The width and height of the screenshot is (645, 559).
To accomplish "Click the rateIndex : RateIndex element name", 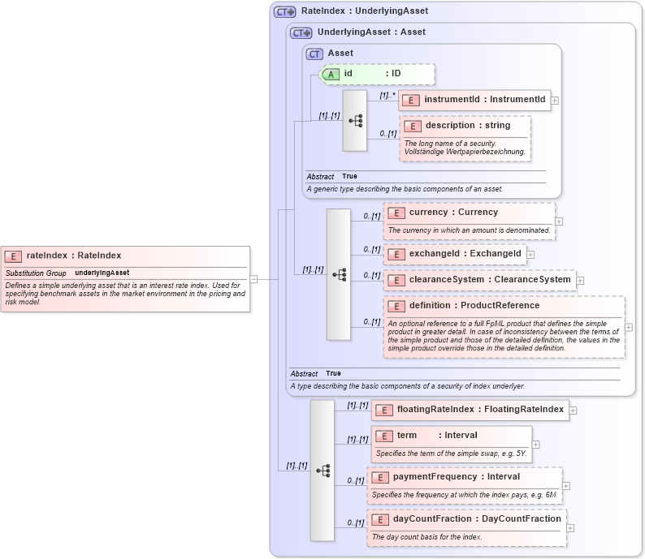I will [x=73, y=256].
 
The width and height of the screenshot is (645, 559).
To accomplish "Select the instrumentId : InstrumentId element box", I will [x=474, y=100].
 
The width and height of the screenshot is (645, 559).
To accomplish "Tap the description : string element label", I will [x=468, y=126].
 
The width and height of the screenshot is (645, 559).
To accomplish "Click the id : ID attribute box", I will [x=379, y=74].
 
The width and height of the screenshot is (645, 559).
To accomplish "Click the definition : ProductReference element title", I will [x=474, y=306].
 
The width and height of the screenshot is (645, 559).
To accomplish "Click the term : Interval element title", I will [x=436, y=436].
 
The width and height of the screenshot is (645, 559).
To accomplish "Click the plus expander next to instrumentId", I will [x=555, y=101].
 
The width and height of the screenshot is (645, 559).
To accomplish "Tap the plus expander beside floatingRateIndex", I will [x=573, y=411].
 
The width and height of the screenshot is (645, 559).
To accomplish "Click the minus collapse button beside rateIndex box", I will [x=254, y=279].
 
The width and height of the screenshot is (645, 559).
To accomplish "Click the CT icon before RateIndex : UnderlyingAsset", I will [x=284, y=12].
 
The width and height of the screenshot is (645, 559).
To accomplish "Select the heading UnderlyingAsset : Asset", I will [x=371, y=32].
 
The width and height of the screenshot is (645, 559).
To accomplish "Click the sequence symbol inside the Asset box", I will [x=355, y=120].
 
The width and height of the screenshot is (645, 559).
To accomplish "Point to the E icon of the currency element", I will [x=396, y=213].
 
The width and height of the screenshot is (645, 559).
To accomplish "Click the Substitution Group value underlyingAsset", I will [x=102, y=273].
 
